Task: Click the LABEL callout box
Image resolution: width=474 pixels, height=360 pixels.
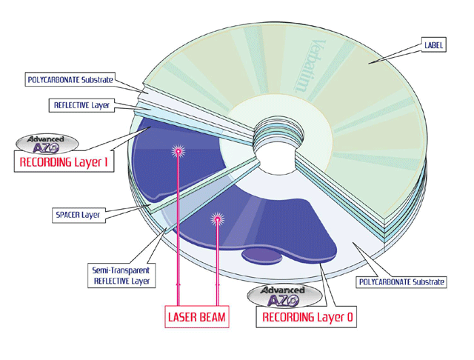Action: tap(434, 45)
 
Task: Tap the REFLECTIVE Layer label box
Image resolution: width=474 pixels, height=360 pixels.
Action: tap(82, 105)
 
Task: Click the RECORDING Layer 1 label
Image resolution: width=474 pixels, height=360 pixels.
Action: tap(64, 162)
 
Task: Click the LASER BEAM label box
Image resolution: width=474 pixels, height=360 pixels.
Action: tap(196, 317)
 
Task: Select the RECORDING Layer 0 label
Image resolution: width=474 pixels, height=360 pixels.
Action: tap(308, 317)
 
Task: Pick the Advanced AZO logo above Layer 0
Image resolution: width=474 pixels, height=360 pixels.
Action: tap(288, 296)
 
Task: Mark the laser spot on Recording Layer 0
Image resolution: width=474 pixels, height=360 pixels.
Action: tap(217, 219)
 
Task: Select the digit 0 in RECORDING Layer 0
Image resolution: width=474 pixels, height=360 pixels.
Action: tap(350, 317)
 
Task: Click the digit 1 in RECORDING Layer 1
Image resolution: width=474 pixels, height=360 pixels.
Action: tap(107, 162)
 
